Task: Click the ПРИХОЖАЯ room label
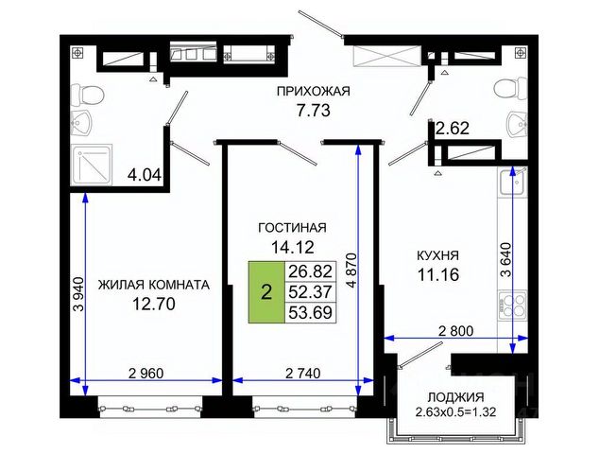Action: click(x=314, y=92)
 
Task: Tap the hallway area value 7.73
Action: click(x=314, y=111)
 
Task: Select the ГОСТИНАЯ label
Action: click(x=293, y=228)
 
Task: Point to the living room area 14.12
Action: click(x=293, y=247)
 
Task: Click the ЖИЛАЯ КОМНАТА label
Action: click(x=154, y=285)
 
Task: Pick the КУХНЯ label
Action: click(x=437, y=255)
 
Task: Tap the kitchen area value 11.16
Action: click(x=437, y=274)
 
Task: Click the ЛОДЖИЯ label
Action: click(x=455, y=397)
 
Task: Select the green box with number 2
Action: click(x=266, y=292)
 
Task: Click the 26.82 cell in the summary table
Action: click(x=310, y=271)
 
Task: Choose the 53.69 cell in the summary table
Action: click(x=310, y=313)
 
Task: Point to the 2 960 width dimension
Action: click(x=146, y=373)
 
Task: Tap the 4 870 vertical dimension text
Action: click(x=351, y=271)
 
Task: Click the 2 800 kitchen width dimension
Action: click(x=455, y=331)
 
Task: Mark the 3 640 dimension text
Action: click(x=506, y=260)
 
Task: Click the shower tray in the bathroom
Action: click(x=92, y=165)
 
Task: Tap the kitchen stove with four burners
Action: click(x=513, y=305)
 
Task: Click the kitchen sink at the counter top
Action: click(x=513, y=182)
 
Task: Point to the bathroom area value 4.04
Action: click(x=145, y=176)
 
